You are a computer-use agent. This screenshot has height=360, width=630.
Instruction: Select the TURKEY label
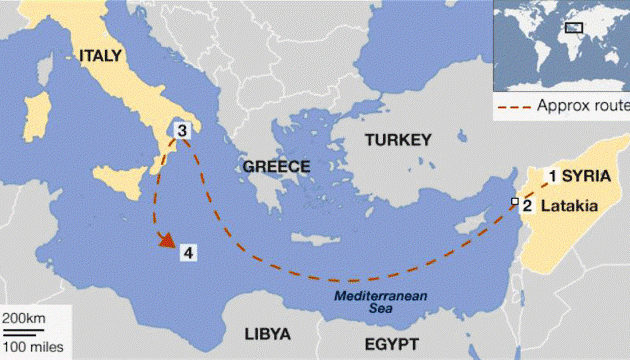point(398,139)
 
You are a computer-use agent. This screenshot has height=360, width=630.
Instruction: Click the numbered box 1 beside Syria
point(549,175)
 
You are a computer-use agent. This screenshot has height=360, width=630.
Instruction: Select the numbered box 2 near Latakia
point(526,206)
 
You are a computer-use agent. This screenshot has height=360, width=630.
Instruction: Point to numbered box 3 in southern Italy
point(182,130)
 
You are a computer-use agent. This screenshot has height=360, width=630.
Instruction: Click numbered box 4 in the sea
point(187,252)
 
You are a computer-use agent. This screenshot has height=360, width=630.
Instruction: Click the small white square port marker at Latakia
point(513,203)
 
